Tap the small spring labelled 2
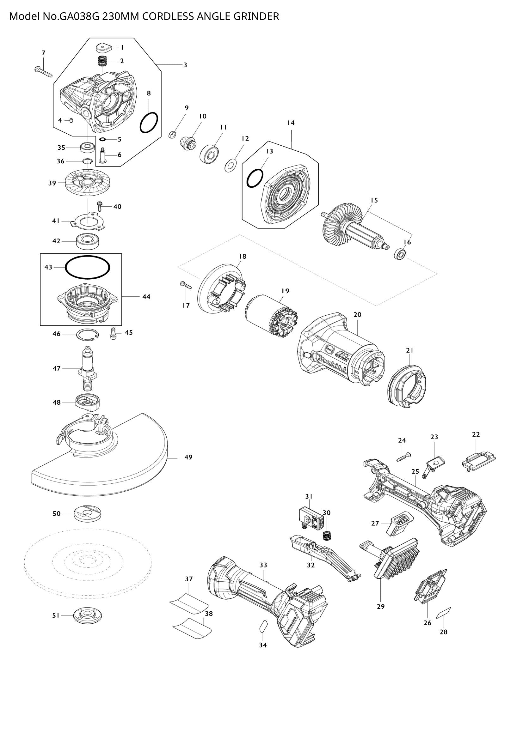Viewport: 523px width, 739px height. coord(102,61)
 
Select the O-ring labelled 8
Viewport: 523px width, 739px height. coord(149,122)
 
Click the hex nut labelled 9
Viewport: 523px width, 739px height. coord(172,134)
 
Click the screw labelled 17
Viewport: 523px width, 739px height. coord(186,285)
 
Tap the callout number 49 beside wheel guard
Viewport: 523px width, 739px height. coord(188,457)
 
